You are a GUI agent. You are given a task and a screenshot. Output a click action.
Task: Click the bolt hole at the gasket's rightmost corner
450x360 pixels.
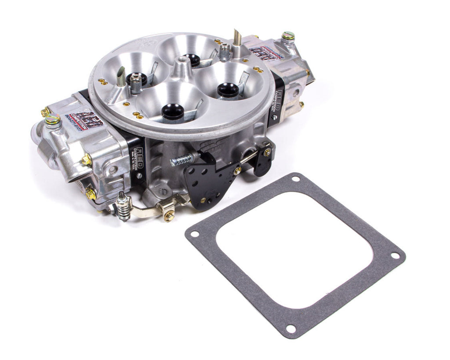[395, 255]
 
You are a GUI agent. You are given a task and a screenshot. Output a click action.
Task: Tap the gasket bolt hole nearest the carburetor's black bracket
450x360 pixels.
[295, 178]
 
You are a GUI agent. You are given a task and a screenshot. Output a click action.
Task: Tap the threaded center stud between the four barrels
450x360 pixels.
[180, 62]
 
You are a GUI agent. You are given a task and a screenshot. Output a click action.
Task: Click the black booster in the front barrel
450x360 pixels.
[173, 111]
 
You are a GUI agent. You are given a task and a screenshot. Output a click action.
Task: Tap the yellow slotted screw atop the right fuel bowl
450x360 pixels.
[288, 36]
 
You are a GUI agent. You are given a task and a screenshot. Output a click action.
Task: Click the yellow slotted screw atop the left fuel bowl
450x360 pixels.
[52, 119]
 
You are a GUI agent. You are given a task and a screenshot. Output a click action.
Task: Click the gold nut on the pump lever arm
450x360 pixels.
[169, 215]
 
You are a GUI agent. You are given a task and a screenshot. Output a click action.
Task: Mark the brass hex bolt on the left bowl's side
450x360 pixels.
[87, 160]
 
